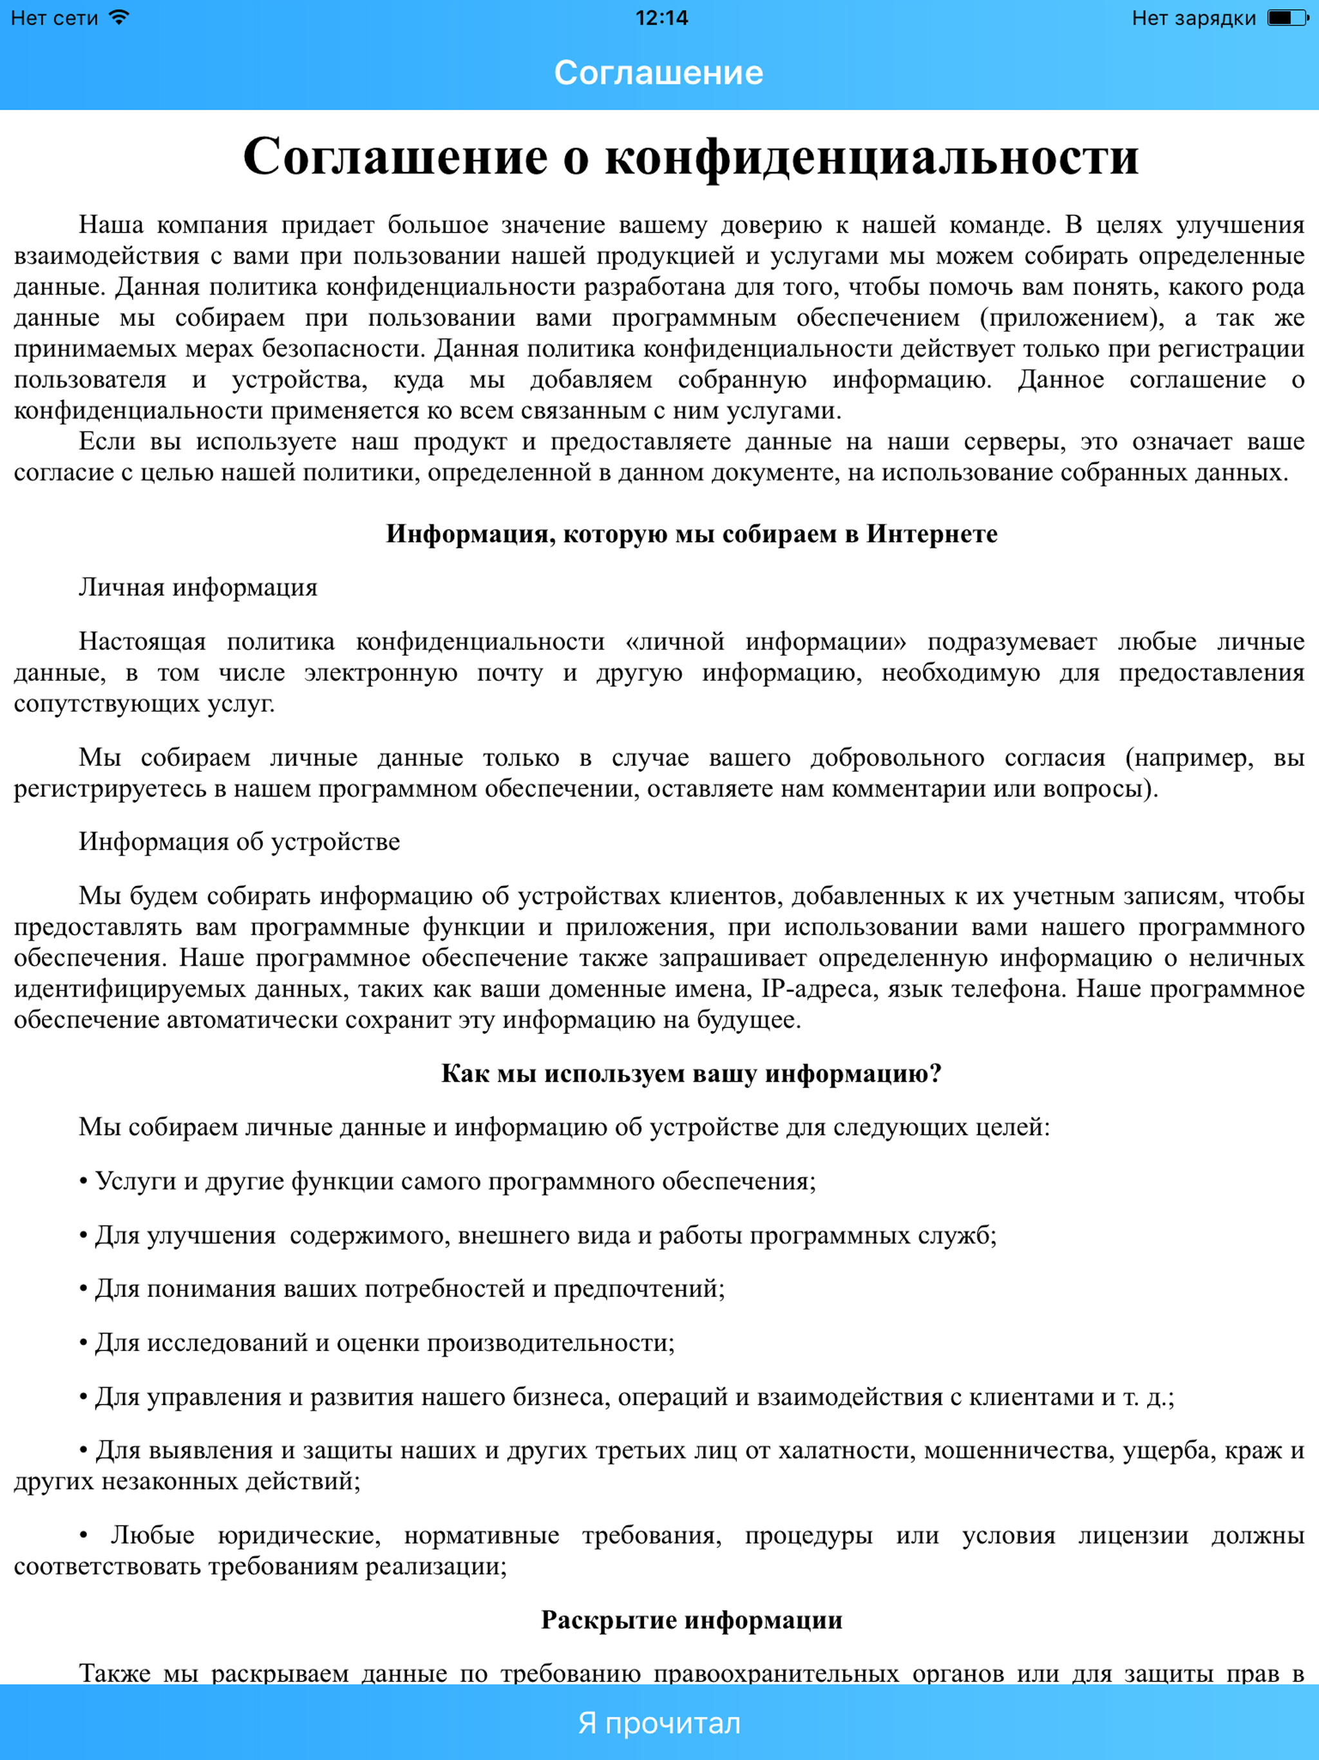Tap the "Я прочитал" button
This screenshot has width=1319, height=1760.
pyautogui.click(x=659, y=1723)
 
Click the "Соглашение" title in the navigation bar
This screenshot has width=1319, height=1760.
pyautogui.click(x=659, y=72)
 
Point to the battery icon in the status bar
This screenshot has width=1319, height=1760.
pyautogui.click(x=1286, y=17)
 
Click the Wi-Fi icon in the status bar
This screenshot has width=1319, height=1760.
pyautogui.click(x=119, y=17)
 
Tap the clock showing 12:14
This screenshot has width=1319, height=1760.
pyautogui.click(x=661, y=17)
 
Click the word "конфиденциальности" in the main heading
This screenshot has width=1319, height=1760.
pyautogui.click(x=871, y=157)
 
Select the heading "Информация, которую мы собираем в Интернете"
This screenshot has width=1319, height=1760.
pyautogui.click(x=691, y=533)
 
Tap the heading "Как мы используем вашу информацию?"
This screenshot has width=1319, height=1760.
pyautogui.click(x=691, y=1073)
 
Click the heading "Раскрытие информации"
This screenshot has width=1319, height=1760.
pyautogui.click(x=691, y=1620)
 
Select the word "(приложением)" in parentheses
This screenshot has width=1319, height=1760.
pyautogui.click(x=1072, y=318)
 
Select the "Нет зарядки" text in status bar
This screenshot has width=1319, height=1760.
pyautogui.click(x=1193, y=17)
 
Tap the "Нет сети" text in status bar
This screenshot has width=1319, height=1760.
pyautogui.click(x=54, y=17)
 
